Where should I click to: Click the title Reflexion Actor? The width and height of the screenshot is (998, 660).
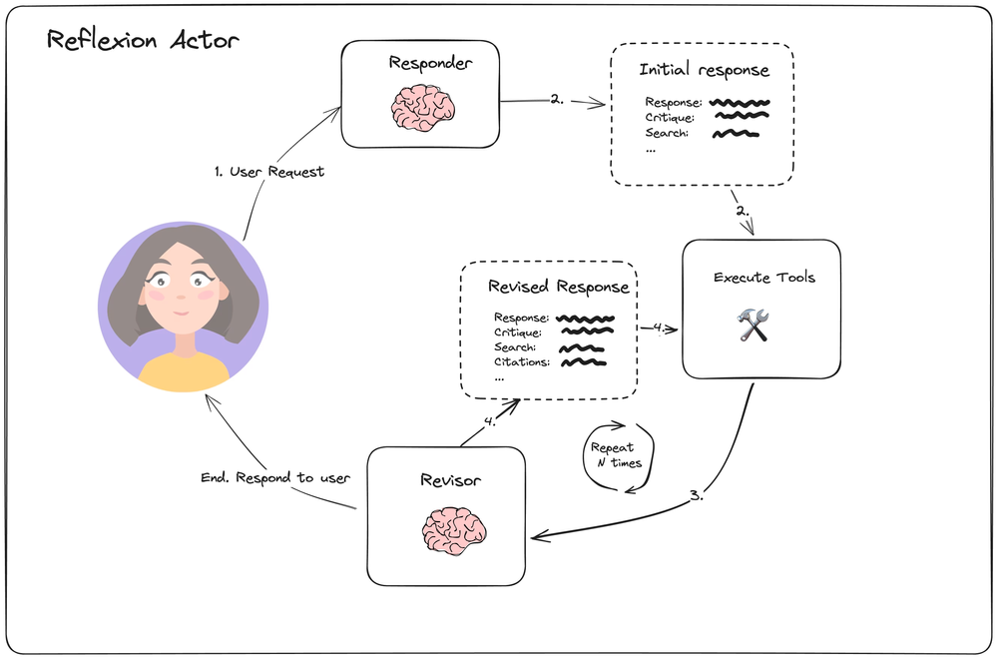point(143,42)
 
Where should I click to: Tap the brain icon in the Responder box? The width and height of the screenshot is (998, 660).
point(420,107)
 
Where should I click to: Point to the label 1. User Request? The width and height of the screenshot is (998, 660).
point(269,172)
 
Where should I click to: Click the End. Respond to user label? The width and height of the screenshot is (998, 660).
point(275,477)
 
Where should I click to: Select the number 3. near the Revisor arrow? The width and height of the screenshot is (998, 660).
point(697,495)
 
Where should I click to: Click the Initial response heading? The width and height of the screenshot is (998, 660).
point(704,71)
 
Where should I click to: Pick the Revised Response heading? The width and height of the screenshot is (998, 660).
point(558,287)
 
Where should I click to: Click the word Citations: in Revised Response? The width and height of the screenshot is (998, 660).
point(521,362)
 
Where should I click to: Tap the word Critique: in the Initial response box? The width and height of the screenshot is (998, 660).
point(670,118)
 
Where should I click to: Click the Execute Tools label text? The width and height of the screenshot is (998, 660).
point(763,277)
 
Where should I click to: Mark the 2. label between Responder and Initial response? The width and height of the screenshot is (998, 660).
point(556,100)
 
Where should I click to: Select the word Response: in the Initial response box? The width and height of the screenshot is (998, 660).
point(674,103)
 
